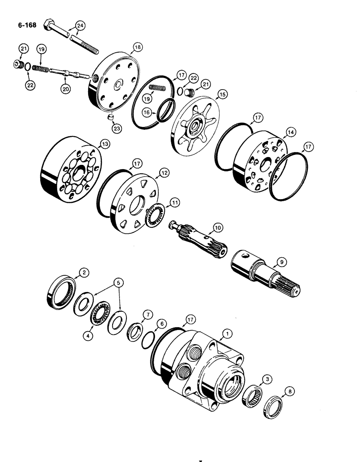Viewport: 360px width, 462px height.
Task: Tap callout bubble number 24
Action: [81, 26]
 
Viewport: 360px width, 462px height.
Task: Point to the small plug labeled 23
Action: [111, 117]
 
